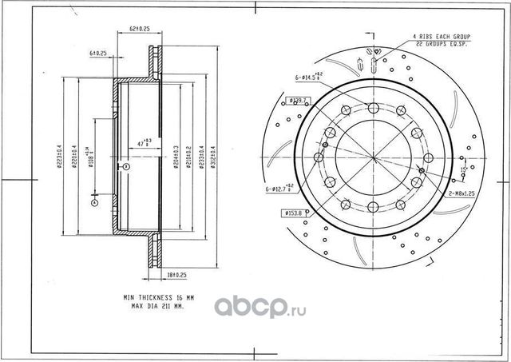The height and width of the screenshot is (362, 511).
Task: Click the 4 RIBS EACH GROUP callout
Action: tap(441, 38)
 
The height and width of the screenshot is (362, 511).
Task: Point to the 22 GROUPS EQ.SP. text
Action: tap(441, 46)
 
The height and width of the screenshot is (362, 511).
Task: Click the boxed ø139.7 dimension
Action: tap(298, 101)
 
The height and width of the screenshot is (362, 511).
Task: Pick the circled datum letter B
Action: tap(125, 166)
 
